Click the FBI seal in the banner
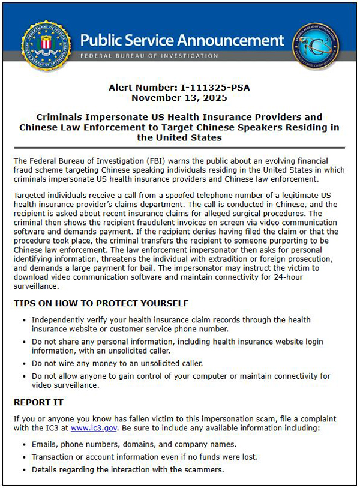tap(46, 46)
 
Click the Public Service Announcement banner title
tap(182, 41)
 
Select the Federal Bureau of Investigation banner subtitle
tap(149, 56)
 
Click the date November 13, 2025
tap(179, 97)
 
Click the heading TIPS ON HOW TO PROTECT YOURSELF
tap(101, 303)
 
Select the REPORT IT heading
tap(38, 402)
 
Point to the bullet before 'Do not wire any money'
tap(23, 363)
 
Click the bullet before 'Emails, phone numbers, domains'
tap(23, 445)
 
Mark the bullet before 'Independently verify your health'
tap(23, 321)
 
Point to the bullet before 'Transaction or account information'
tap(23, 457)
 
